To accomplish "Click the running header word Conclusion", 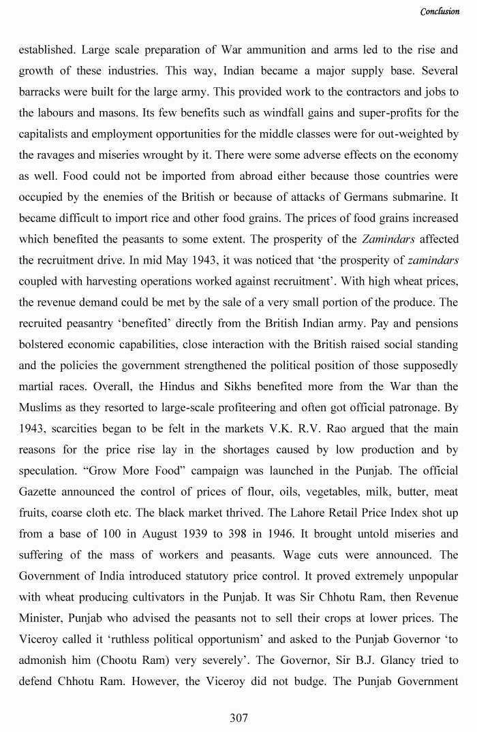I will [440, 12].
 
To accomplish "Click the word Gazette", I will [39, 492].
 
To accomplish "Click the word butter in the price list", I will [400, 492].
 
